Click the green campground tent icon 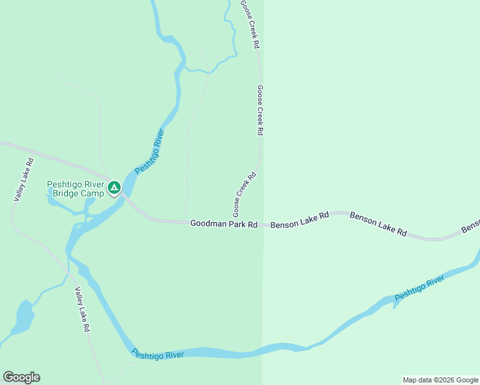[114, 187]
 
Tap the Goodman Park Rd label [223, 224]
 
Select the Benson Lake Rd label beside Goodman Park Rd [299, 221]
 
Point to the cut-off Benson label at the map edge [470, 227]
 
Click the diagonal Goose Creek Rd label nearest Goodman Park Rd [244, 194]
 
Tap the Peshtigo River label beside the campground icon [150, 151]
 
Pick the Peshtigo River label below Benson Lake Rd [419, 288]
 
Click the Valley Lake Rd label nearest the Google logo [81, 309]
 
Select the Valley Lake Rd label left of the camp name [23, 180]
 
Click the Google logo [21, 377]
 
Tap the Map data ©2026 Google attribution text [441, 380]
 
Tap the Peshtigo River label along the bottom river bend [157, 354]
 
